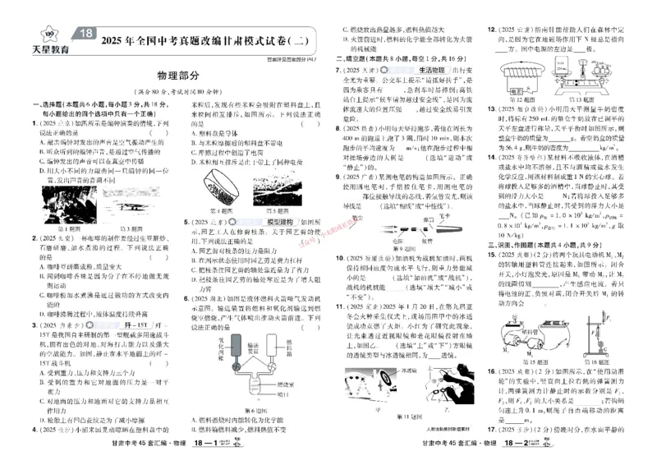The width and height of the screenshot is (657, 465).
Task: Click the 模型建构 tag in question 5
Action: pos(279,223)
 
